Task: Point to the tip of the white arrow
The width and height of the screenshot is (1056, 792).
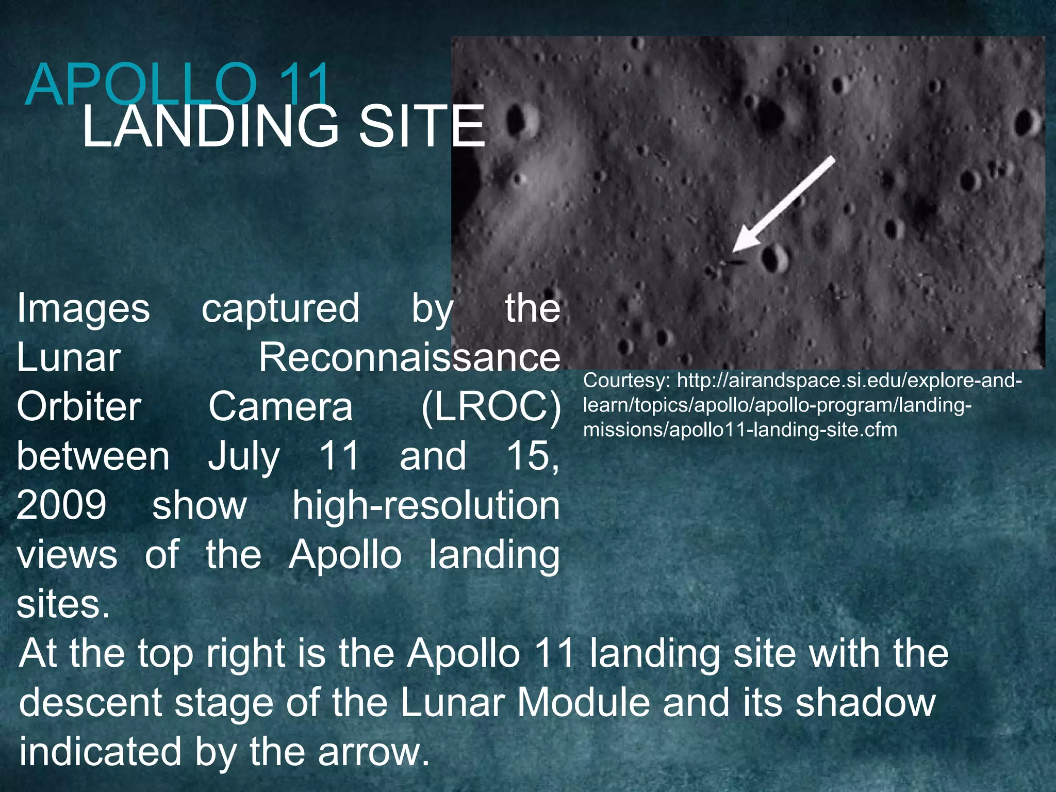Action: [x=735, y=251]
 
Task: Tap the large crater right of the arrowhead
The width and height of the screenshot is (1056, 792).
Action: [x=774, y=258]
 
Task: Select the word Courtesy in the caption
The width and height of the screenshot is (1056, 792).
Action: [x=626, y=381]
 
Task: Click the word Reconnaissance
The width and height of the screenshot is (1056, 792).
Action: [x=409, y=357]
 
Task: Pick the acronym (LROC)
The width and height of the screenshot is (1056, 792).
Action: [x=490, y=406]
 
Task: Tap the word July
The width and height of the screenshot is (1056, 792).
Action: [x=244, y=456]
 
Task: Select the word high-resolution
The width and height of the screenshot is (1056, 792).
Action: [x=425, y=505]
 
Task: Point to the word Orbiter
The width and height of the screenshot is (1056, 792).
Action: [x=79, y=406]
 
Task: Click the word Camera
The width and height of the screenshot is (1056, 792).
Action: [x=280, y=406]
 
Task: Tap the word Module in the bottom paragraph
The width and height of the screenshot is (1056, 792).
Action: [x=583, y=702]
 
